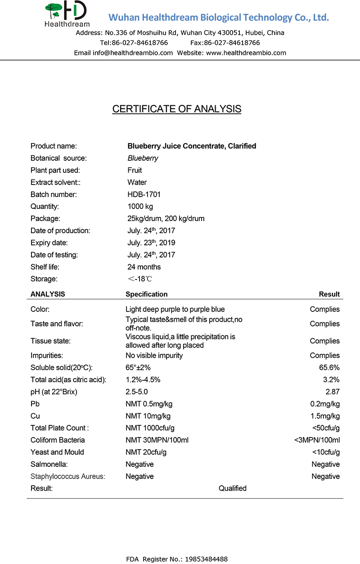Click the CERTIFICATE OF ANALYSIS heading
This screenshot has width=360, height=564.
177,109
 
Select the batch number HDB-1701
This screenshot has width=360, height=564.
144,194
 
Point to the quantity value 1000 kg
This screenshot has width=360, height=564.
140,207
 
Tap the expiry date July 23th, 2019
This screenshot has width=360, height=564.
151,243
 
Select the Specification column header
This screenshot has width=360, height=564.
146,294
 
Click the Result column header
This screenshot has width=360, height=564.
329,294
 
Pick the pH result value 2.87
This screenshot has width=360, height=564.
332,392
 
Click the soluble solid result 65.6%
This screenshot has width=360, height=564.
329,368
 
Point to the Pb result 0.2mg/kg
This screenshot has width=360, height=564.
325,404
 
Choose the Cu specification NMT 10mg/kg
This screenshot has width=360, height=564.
148,416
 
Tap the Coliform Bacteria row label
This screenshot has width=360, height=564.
58,440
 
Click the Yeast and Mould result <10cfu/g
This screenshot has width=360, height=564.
326,452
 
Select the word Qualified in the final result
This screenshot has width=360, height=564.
233,488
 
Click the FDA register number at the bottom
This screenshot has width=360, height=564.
177,559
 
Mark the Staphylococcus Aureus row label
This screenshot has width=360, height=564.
67,476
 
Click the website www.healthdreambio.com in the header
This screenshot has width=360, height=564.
246,53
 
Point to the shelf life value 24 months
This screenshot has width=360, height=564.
144,267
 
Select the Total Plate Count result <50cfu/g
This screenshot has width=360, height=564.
326,428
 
